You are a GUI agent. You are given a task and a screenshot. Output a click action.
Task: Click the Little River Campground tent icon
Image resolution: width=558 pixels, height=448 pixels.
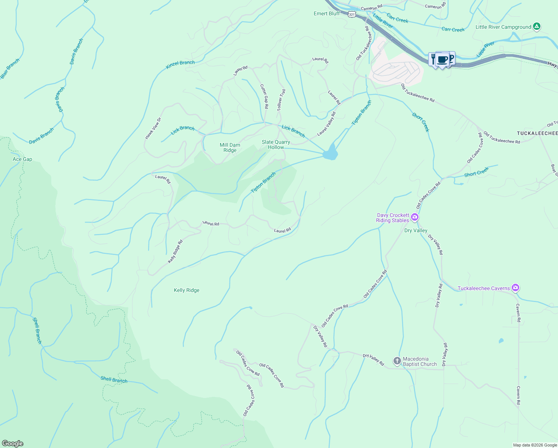click(x=536, y=27)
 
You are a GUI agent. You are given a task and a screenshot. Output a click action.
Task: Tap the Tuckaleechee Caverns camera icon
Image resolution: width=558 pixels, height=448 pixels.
click(x=515, y=288)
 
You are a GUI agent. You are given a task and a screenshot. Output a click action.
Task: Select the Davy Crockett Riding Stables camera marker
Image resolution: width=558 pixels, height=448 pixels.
click(x=414, y=217)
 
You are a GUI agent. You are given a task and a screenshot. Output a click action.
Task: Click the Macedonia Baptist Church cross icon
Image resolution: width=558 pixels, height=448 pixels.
click(x=397, y=361)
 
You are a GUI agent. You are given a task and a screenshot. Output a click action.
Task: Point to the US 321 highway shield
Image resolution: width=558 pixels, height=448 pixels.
click(x=352, y=14)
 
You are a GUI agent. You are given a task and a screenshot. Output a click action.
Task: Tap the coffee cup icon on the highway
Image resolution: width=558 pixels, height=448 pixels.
click(x=442, y=60)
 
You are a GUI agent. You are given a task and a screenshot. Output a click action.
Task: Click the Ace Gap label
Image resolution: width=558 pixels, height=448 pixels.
click(x=22, y=159)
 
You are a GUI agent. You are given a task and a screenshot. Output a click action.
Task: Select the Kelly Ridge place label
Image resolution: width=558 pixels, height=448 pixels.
click(x=186, y=290)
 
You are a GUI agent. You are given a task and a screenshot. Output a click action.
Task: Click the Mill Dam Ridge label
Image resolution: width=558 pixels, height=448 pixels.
click(x=230, y=147)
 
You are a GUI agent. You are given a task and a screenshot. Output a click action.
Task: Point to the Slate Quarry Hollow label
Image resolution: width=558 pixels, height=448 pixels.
click(x=276, y=144)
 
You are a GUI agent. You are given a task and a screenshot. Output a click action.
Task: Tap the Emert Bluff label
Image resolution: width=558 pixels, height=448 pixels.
click(x=327, y=13)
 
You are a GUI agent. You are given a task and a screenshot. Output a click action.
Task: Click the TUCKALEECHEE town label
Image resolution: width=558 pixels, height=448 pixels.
click(x=537, y=133)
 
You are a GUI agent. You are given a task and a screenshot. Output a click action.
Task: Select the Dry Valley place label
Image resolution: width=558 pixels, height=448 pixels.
click(x=416, y=230)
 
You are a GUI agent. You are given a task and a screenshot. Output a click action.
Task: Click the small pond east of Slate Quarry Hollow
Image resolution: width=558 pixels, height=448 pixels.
click(x=330, y=153)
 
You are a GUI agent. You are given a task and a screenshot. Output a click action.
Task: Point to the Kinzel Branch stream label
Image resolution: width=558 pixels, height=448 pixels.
click(x=180, y=65)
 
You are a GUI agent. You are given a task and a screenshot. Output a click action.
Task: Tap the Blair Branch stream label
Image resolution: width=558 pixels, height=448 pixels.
click(x=10, y=68)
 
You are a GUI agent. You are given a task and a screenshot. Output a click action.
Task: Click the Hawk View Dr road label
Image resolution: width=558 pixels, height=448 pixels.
click(x=153, y=128)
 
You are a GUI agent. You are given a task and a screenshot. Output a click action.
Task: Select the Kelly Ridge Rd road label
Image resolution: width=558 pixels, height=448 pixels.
click(x=175, y=251)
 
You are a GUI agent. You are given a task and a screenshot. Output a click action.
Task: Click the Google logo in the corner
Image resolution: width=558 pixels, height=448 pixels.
click(x=12, y=443)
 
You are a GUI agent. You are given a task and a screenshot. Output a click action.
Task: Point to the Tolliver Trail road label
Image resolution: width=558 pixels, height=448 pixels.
click(x=281, y=100)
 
